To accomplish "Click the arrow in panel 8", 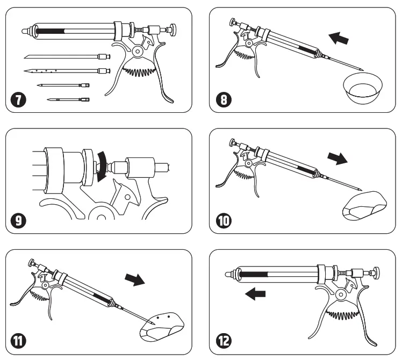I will pyautogui.click(x=339, y=39).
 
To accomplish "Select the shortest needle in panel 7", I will pyautogui.click(x=68, y=99).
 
